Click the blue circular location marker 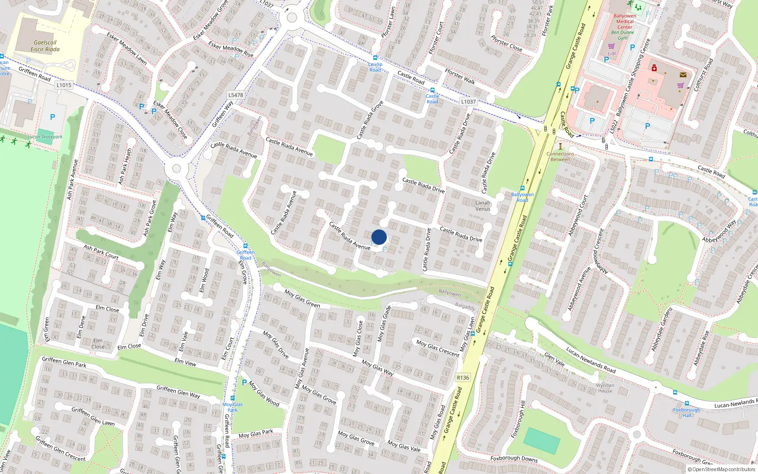(x=379, y=237)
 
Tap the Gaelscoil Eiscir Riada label (x=45, y=46)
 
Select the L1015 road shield (x=63, y=85)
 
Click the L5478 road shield (x=235, y=95)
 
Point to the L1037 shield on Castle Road (x=468, y=101)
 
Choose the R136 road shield (x=463, y=378)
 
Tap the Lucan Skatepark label (x=45, y=137)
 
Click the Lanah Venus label (x=483, y=206)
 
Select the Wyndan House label (x=605, y=388)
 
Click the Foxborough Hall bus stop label (x=686, y=412)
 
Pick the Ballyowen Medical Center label (x=624, y=21)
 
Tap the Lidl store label (x=612, y=54)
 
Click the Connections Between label (x=560, y=156)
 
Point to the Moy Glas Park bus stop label (x=233, y=407)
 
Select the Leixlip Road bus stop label (x=375, y=67)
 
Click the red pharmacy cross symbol (x=654, y=68)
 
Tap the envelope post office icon (x=683, y=75)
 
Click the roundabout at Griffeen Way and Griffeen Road (x=177, y=168)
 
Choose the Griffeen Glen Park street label (x=64, y=362)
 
